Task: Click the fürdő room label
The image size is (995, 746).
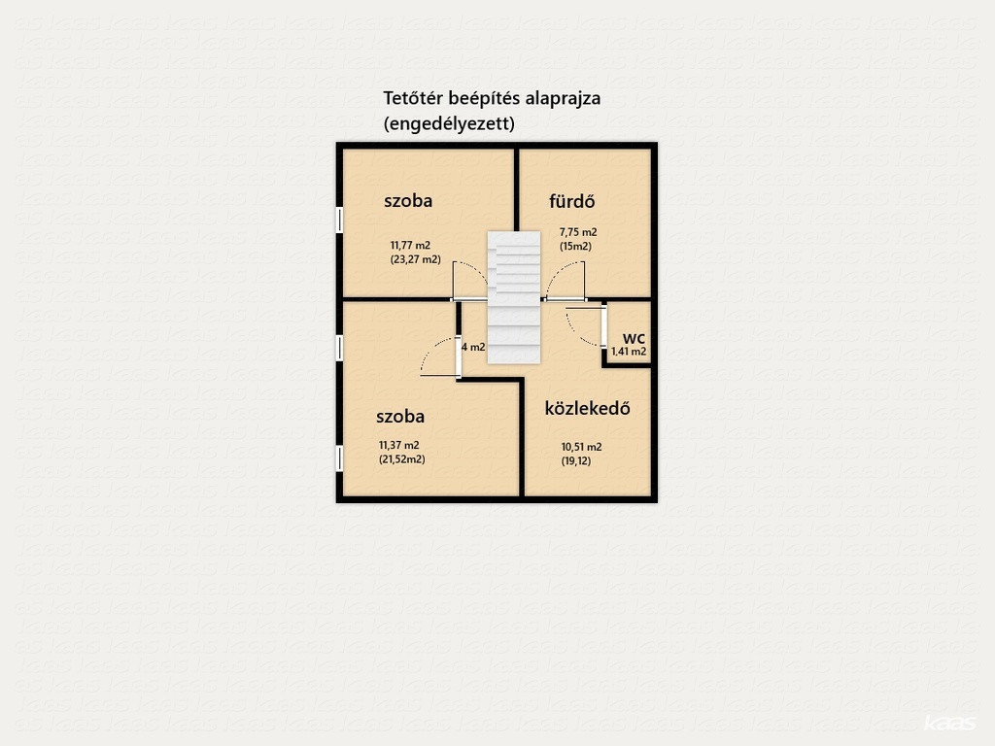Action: (571, 201)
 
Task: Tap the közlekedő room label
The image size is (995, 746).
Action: (588, 408)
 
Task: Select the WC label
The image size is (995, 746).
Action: (634, 339)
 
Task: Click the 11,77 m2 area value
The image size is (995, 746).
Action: (410, 245)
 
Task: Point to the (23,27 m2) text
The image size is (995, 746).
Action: (415, 259)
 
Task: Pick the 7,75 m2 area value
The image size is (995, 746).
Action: (577, 232)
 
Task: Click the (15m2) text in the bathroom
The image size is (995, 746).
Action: (575, 246)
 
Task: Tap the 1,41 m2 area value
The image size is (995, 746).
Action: (629, 352)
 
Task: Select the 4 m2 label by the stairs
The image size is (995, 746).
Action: (473, 347)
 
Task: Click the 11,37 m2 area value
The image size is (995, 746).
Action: (399, 445)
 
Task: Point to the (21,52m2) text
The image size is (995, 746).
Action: (401, 459)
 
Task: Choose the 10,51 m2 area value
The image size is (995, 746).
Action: (581, 447)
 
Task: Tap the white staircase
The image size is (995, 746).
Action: (514, 297)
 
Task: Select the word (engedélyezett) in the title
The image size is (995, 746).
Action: (449, 123)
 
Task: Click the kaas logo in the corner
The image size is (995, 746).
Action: (949, 724)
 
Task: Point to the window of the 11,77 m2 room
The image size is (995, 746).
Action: (339, 220)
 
